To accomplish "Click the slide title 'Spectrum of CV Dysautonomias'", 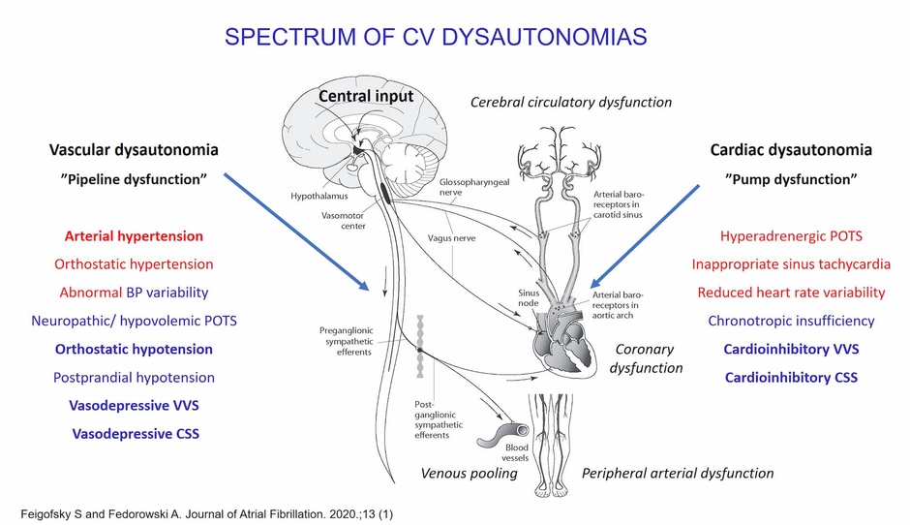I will pyautogui.click(x=436, y=38).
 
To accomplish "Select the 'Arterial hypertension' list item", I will pyautogui.click(x=134, y=235).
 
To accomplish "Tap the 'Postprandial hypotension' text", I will pyautogui.click(x=135, y=377).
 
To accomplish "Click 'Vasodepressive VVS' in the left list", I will pyautogui.click(x=135, y=406).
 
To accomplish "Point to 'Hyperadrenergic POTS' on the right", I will pyautogui.click(x=791, y=235).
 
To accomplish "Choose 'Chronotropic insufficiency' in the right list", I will pyautogui.click(x=791, y=321).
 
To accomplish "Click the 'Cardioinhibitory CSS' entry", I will pyautogui.click(x=791, y=378).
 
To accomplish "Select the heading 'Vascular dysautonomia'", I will pyautogui.click(x=134, y=150).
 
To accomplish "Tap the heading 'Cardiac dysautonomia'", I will pyautogui.click(x=791, y=150).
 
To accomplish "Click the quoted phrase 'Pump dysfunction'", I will pyautogui.click(x=791, y=179).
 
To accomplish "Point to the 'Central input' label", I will pyautogui.click(x=366, y=96).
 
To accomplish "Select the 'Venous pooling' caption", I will pyautogui.click(x=469, y=474).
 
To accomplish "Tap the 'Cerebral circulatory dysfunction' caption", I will pyautogui.click(x=570, y=102).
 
